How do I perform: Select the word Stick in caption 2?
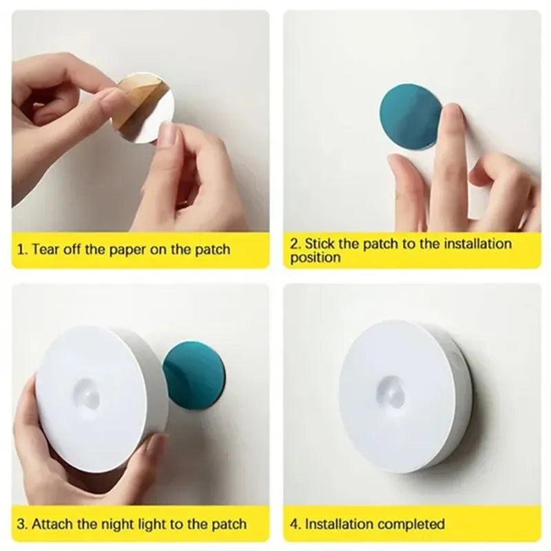pyautogui.click(x=320, y=243)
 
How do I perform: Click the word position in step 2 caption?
pyautogui.click(x=315, y=258)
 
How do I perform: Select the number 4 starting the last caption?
pyautogui.click(x=294, y=524)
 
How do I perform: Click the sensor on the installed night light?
pyautogui.click(x=392, y=395)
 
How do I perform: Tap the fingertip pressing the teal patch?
pyautogui.click(x=452, y=117)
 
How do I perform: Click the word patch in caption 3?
pyautogui.click(x=227, y=524)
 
